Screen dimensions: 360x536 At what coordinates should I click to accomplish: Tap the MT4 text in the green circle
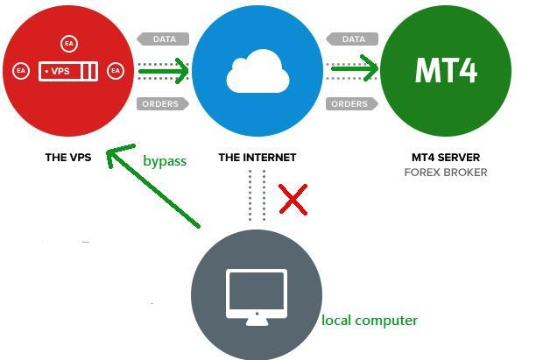pos(446,70)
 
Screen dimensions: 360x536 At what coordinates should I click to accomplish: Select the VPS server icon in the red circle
pos(68,71)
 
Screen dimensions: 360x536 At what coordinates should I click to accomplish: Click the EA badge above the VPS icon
pos(69,43)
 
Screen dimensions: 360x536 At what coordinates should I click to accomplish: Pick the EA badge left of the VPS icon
pos(21,71)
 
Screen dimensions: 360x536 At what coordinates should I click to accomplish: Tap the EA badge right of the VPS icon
pos(114,71)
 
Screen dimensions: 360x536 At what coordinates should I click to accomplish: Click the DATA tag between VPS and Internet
pos(163,39)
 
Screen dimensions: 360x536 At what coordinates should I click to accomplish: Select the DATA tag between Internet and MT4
pos(352,39)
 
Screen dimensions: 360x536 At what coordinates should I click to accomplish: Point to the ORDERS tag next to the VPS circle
pos(160,104)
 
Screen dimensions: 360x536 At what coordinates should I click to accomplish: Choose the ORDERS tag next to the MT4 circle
pos(349,104)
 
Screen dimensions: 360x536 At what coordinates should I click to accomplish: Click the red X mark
pos(293,200)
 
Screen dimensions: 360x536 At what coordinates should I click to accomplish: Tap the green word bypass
pos(165,160)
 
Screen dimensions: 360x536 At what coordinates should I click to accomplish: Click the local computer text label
pos(369,320)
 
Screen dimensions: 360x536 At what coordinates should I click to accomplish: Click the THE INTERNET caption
pos(257,158)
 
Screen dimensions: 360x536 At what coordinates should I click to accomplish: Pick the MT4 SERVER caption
pos(445,158)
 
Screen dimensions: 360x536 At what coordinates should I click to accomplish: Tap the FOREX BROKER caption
pos(445,173)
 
